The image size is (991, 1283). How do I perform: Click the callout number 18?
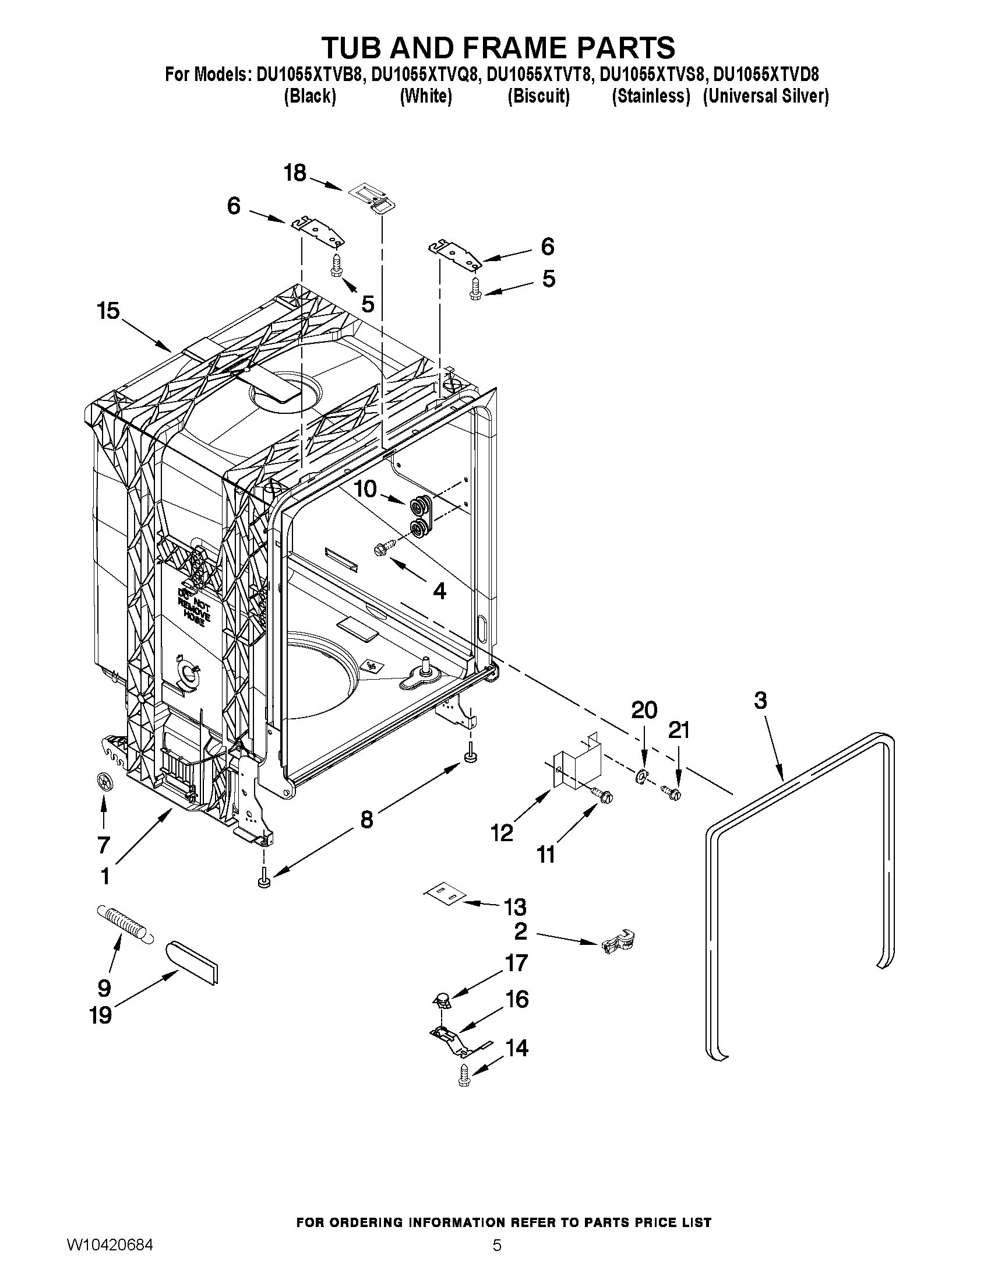[x=295, y=174]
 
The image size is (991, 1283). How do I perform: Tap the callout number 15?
[x=108, y=311]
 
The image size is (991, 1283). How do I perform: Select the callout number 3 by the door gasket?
[x=760, y=700]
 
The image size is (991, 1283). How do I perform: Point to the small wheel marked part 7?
[x=103, y=782]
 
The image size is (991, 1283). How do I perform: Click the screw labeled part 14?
[x=465, y=1078]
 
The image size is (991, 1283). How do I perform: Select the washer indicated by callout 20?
[x=641, y=776]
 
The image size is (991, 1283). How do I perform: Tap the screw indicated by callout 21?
[x=671, y=795]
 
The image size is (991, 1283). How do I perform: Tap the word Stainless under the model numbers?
[x=651, y=96]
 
